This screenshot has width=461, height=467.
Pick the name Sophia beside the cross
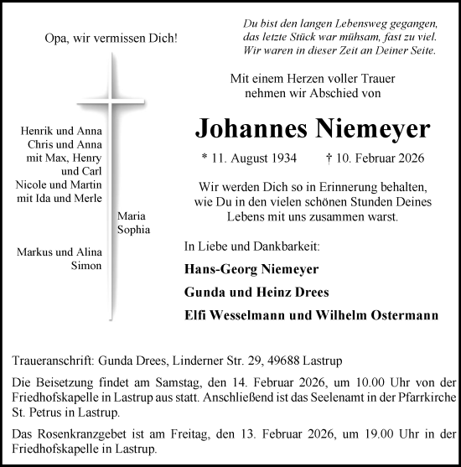click(134, 228)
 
